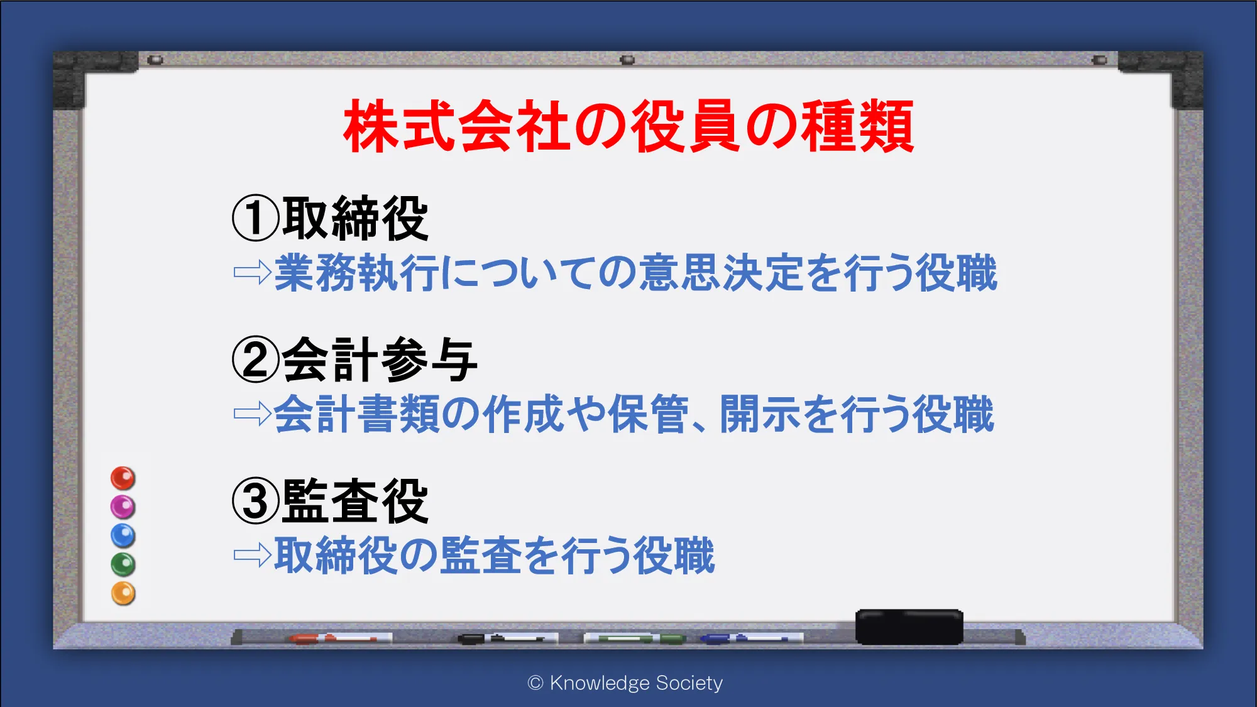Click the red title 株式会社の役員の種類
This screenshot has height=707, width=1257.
pyautogui.click(x=628, y=126)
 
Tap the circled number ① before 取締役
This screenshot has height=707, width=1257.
pyautogui.click(x=255, y=218)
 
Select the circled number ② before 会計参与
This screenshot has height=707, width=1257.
pyautogui.click(x=255, y=359)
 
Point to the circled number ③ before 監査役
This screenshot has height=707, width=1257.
pyautogui.click(x=255, y=501)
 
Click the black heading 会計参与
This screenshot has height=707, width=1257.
pyautogui.click(x=380, y=359)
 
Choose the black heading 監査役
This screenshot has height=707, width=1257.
pyautogui.click(x=355, y=501)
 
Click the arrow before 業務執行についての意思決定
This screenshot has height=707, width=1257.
pyautogui.click(x=252, y=273)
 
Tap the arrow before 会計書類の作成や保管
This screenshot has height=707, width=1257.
pyautogui.click(x=252, y=414)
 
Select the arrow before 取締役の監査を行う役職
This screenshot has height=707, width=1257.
pyautogui.click(x=252, y=555)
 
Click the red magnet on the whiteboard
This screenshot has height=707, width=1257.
pyautogui.click(x=123, y=478)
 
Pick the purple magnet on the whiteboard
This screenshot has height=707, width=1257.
pyautogui.click(x=123, y=507)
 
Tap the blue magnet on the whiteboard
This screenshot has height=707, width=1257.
pyautogui.click(x=123, y=535)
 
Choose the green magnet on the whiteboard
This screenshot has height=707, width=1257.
pyautogui.click(x=123, y=564)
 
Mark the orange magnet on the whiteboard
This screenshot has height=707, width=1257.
pyautogui.click(x=123, y=593)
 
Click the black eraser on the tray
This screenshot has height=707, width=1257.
pyautogui.click(x=909, y=627)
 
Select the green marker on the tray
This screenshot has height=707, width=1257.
pyautogui.click(x=635, y=638)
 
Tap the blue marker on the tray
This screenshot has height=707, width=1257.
pyautogui.click(x=751, y=638)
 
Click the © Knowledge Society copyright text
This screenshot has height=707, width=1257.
pyautogui.click(x=625, y=683)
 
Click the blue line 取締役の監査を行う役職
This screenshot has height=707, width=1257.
pyautogui.click(x=495, y=556)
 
